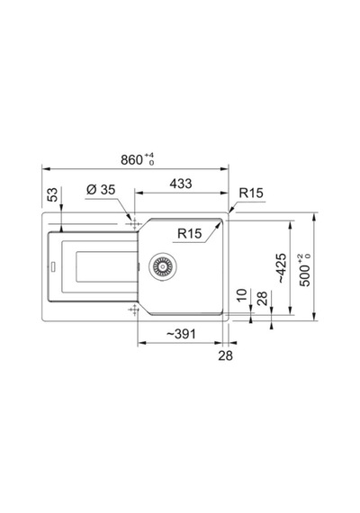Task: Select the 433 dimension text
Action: tap(181, 184)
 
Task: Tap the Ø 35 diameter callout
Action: tap(101, 189)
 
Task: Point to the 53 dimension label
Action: tap(52, 194)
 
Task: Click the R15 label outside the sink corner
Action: tap(251, 193)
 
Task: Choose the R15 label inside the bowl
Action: tap(190, 234)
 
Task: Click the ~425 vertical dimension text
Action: tap(281, 268)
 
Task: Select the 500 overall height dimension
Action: tap(305, 270)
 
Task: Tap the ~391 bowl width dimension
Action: tap(181, 334)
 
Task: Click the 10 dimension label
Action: tap(241, 295)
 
